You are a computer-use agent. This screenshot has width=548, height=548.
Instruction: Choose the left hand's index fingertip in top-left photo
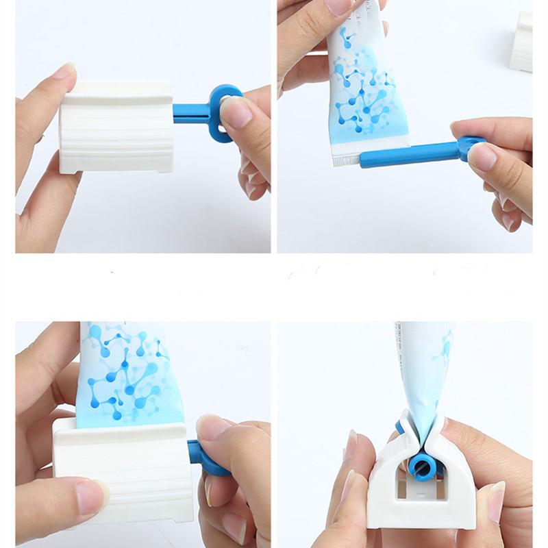pyautogui.click(x=65, y=72)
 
